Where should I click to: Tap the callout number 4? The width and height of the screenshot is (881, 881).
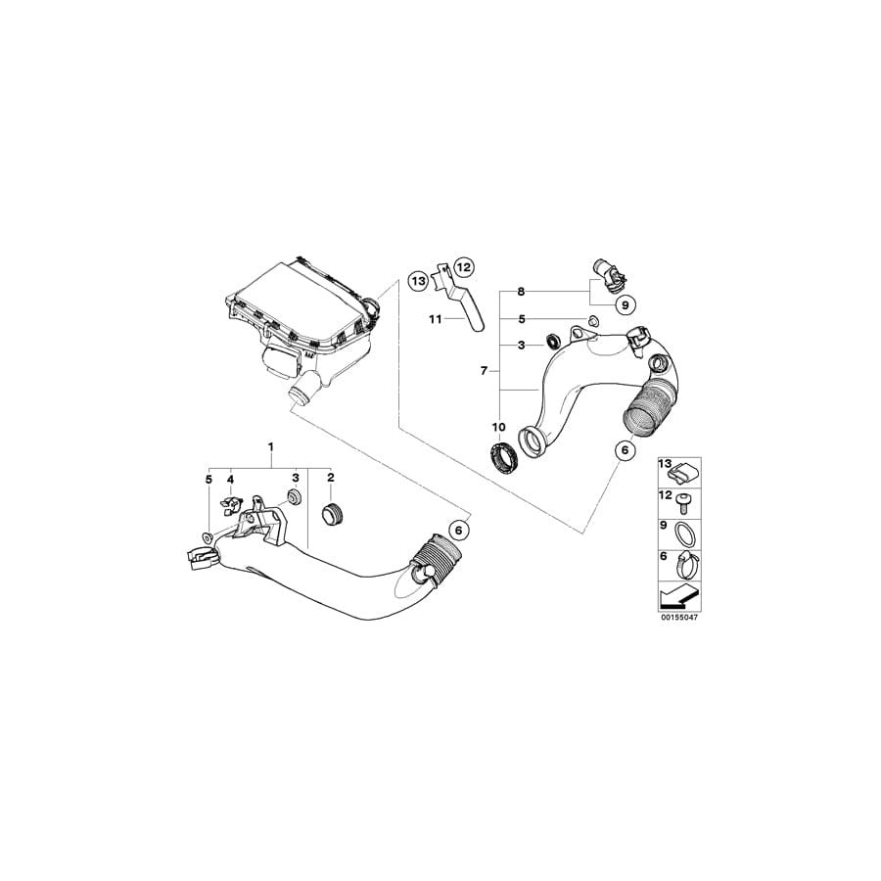click(230, 479)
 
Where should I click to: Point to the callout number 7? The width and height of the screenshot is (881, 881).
click(484, 371)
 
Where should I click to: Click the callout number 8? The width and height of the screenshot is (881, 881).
click(521, 292)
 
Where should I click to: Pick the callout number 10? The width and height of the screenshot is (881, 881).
click(498, 427)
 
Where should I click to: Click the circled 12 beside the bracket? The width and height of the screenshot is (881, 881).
click(463, 267)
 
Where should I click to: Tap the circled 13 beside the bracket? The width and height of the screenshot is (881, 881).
click(418, 280)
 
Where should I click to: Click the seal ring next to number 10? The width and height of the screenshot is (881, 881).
click(503, 455)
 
